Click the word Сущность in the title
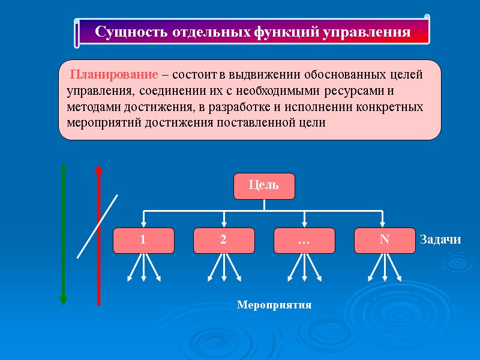click(x=124, y=32)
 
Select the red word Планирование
click(x=115, y=76)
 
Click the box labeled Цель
click(x=264, y=185)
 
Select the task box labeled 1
click(x=143, y=240)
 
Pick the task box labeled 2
click(x=223, y=240)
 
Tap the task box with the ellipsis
click(x=304, y=240)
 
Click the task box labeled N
click(x=384, y=240)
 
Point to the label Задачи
click(x=440, y=240)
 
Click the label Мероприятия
click(x=274, y=305)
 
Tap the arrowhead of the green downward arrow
click(x=63, y=299)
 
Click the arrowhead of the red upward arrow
click(x=99, y=169)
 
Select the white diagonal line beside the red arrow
click(x=97, y=226)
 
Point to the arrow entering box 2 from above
click(x=224, y=220)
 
